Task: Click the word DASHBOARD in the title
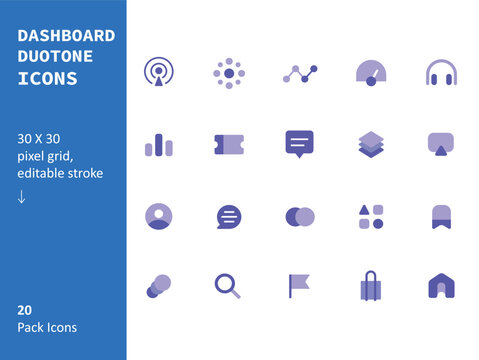click(66, 36)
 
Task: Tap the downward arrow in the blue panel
click(22, 196)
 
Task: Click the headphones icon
click(441, 73)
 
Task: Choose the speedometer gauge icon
click(370, 73)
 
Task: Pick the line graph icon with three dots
click(299, 74)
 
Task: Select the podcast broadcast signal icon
click(158, 73)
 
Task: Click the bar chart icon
click(158, 145)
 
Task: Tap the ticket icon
click(228, 145)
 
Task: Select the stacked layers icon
click(370, 145)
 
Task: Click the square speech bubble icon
click(299, 144)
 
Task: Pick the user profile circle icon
click(158, 216)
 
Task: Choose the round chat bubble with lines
click(228, 216)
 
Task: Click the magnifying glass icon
click(228, 286)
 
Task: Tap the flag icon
click(300, 286)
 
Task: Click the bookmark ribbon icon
click(441, 216)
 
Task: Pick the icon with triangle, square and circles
click(370, 216)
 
